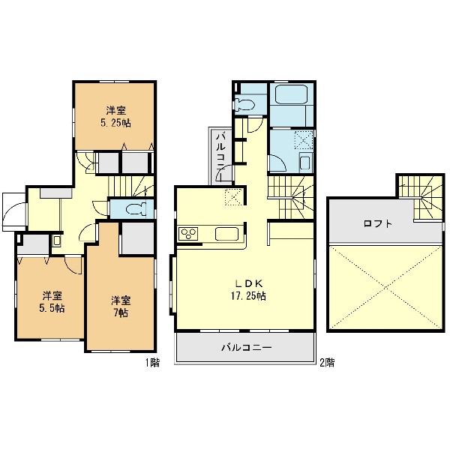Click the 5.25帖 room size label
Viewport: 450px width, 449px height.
(x=115, y=123)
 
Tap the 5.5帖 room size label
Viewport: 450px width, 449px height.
(x=52, y=308)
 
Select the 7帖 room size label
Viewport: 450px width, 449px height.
(x=121, y=313)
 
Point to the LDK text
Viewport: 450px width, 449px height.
(x=249, y=283)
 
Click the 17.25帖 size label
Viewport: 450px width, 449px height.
(x=248, y=296)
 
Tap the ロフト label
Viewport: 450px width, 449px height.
(x=377, y=223)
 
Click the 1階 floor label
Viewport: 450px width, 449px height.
(x=151, y=363)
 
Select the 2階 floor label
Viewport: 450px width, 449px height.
(x=327, y=363)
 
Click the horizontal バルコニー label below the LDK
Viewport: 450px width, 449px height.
(x=246, y=348)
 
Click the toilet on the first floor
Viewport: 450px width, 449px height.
(x=136, y=209)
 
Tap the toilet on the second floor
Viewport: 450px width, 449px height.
(x=244, y=104)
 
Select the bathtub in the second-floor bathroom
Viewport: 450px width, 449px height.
(x=291, y=94)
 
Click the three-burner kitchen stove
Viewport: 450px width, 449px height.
(x=188, y=234)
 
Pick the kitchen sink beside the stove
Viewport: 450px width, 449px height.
(x=226, y=234)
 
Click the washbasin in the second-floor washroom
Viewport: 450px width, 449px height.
(x=304, y=163)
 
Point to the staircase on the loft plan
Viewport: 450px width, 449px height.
(x=421, y=198)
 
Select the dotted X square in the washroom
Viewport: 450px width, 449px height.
(x=303, y=139)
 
